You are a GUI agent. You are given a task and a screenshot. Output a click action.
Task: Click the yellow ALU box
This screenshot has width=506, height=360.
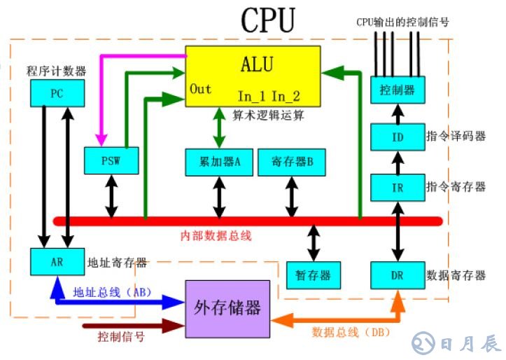253,74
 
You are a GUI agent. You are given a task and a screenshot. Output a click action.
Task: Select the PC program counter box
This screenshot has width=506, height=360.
57,93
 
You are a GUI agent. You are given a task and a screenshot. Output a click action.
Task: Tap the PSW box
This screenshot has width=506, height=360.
110,160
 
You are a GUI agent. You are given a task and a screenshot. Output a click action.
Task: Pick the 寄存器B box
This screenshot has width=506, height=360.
290,161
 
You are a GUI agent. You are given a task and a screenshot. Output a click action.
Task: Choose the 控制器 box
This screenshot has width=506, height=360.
397,90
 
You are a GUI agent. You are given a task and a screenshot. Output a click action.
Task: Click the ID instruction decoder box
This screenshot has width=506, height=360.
397,135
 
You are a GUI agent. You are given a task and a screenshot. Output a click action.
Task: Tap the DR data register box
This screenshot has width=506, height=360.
397,275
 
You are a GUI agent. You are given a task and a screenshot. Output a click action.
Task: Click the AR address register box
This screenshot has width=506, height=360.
57,262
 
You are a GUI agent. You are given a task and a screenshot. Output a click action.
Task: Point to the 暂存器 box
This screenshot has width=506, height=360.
314,275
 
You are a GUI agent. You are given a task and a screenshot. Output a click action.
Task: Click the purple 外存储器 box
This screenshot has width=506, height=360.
227,308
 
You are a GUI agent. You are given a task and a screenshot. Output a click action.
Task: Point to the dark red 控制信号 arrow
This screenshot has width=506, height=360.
132,326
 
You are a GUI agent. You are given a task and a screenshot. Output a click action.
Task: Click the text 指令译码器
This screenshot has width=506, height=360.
456,136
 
